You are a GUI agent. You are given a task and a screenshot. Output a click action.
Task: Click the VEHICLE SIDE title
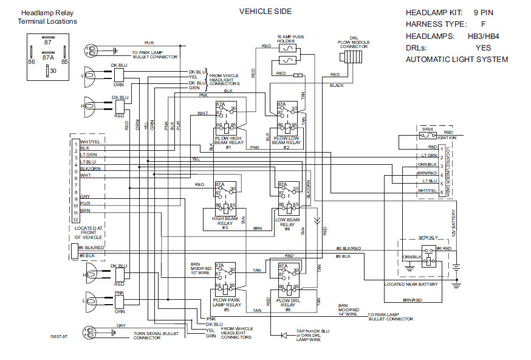[x=265, y=12]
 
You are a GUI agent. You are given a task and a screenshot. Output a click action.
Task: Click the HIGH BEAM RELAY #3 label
[x=224, y=222]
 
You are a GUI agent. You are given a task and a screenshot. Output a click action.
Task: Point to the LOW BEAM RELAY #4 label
[x=287, y=222]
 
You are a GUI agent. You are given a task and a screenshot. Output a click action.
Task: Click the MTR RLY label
[x=428, y=239]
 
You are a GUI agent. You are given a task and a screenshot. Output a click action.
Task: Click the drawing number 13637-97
[x=60, y=335]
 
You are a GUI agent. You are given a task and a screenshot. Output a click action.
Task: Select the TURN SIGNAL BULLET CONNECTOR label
[x=156, y=336]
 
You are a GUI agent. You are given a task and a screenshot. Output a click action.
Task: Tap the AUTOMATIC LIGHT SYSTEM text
[x=456, y=60]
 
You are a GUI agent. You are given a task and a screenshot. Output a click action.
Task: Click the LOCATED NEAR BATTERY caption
[x=412, y=284]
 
